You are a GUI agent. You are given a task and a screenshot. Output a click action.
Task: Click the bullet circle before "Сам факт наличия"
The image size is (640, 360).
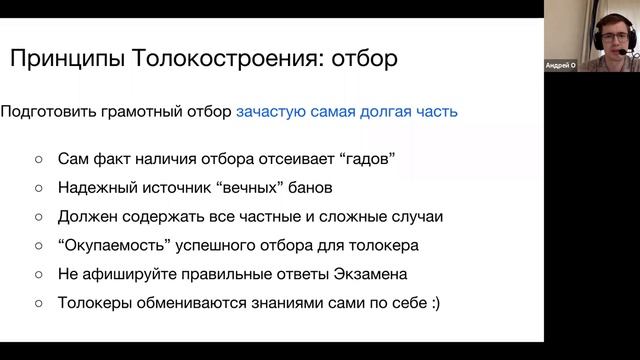coord(39,159)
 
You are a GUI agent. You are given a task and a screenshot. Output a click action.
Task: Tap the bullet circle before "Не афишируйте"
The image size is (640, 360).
coord(39,273)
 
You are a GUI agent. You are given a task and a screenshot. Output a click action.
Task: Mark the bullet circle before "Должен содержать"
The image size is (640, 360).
coord(39,216)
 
